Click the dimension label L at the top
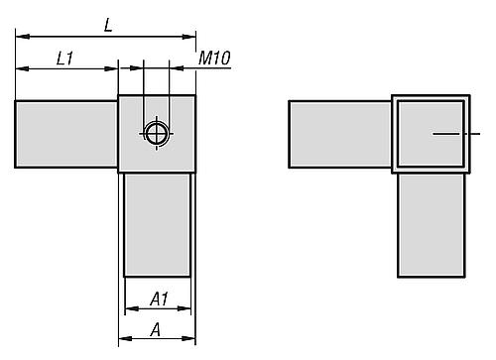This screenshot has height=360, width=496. click(x=107, y=25)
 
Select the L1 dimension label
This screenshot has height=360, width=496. click(x=65, y=59)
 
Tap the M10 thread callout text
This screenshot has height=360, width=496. click(x=214, y=59)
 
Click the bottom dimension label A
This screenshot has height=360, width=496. click(x=156, y=330)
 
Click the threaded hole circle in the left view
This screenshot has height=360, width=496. click(x=156, y=132)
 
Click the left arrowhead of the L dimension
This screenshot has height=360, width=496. click(x=21, y=38)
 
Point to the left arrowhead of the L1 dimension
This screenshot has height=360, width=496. click(x=21, y=69)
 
